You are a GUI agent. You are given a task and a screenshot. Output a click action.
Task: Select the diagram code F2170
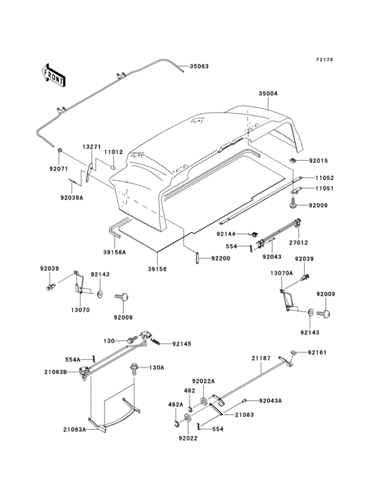(x=324, y=60)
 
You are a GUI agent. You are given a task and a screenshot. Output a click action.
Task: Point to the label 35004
(x=267, y=93)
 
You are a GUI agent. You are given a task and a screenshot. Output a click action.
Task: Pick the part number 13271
(x=92, y=147)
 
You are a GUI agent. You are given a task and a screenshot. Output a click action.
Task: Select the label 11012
(x=114, y=153)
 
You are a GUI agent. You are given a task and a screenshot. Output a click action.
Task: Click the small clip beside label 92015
(x=293, y=161)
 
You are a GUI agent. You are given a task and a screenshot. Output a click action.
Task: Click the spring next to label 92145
(x=156, y=341)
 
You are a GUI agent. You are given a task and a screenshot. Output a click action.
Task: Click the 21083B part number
(x=56, y=372)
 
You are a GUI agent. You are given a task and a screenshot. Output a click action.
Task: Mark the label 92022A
(x=203, y=381)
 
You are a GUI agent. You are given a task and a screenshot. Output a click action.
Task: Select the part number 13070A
(x=283, y=273)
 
